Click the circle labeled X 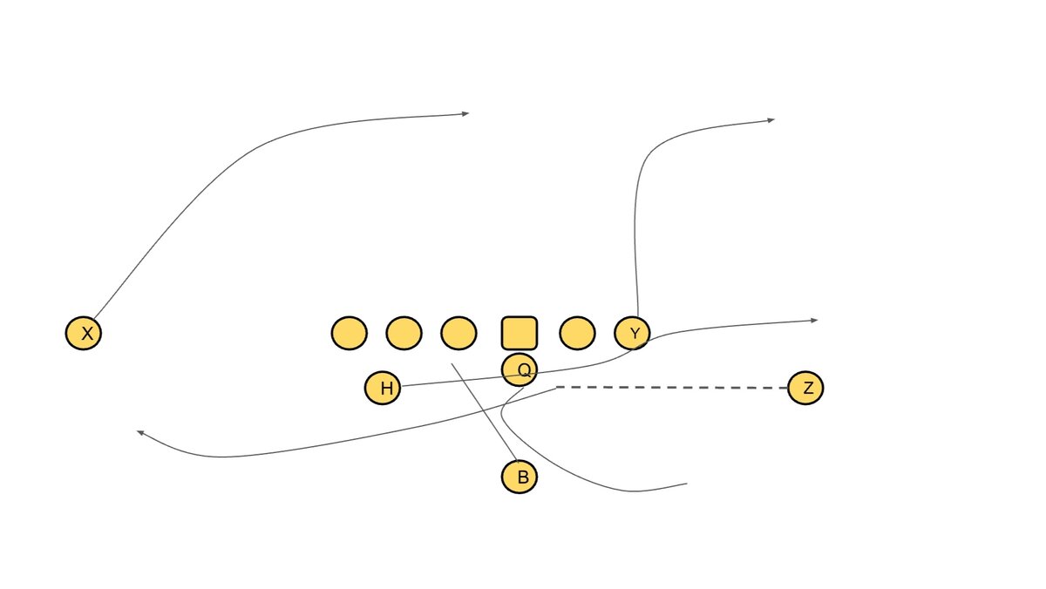[84, 333]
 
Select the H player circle [383, 388]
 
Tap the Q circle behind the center [520, 369]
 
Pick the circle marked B [520, 477]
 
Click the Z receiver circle [805, 388]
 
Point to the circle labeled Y [633, 333]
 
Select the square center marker [520, 333]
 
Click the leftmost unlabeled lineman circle [350, 333]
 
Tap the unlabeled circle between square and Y [577, 333]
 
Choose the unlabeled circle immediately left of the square [458, 333]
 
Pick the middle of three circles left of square [404, 333]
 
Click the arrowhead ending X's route [466, 113]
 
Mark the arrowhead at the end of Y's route [771, 119]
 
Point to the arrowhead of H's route [815, 321]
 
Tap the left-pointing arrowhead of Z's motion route [139, 431]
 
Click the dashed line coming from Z [671, 387]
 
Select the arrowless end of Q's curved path [687, 484]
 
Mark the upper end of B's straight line [452, 363]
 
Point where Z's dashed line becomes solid [556, 387]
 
